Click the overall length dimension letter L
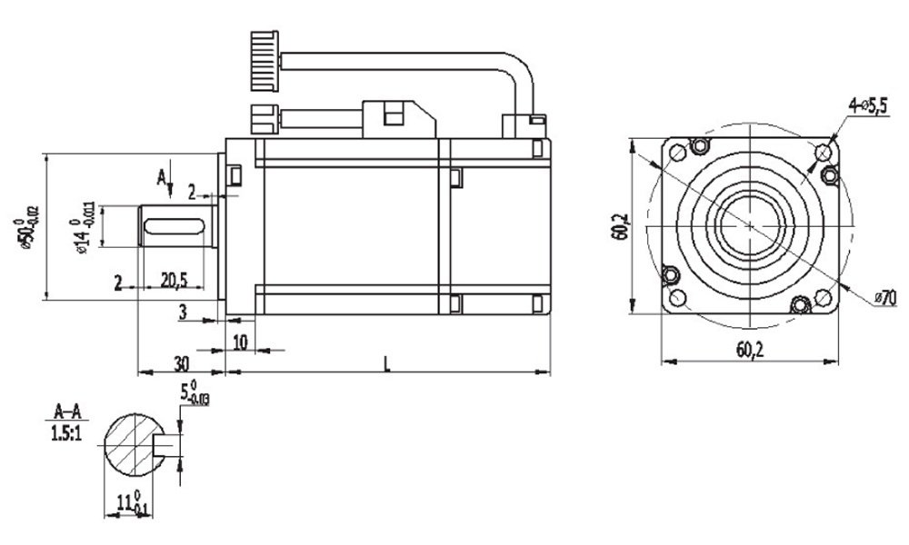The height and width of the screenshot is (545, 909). (387, 363)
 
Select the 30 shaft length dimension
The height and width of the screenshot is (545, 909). (182, 362)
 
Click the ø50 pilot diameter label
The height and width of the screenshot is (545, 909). (27, 228)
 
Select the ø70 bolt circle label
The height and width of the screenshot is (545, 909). (885, 297)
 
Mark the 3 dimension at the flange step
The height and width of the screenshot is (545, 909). (183, 312)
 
